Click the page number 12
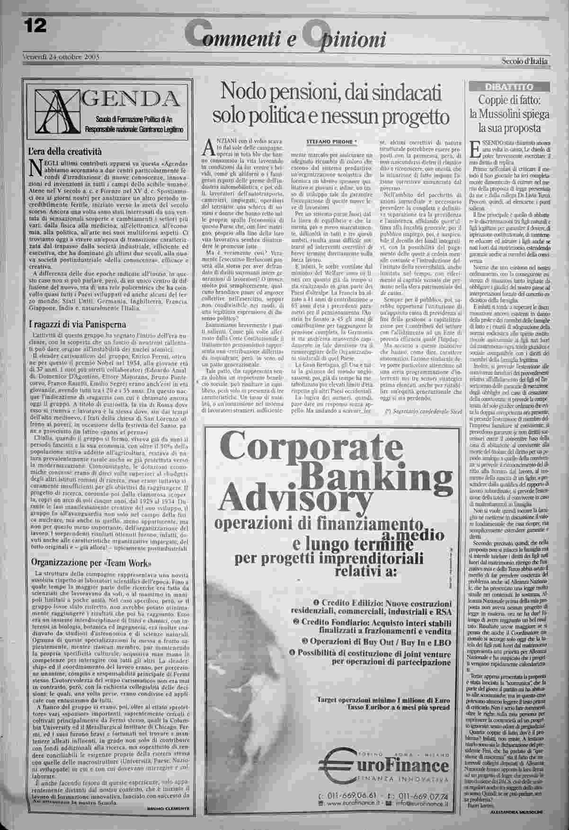click(33, 27)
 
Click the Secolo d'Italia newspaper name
click(525, 61)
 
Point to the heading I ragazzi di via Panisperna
click(78, 324)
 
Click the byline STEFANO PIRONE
click(330, 141)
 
